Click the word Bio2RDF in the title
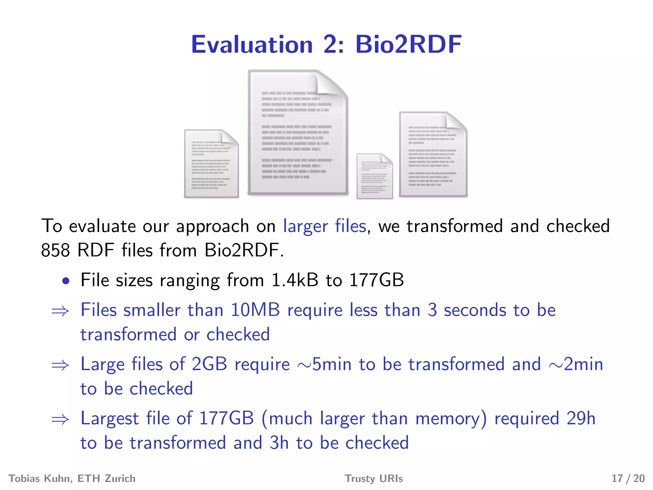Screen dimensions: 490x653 click(x=408, y=44)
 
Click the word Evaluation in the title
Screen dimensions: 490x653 click(x=252, y=44)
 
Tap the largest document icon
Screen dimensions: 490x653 click(x=298, y=132)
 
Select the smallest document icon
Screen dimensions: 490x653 click(x=374, y=176)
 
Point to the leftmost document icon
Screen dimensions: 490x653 click(x=211, y=164)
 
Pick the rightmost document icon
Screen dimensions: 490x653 click(x=433, y=154)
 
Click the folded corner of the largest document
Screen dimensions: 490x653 click(x=332, y=83)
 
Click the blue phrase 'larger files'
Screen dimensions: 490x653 click(x=325, y=226)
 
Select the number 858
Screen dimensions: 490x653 click(x=55, y=250)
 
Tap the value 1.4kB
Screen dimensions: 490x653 click(x=295, y=280)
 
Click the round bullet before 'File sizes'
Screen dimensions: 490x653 click(x=66, y=281)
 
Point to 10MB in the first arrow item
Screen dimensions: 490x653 click(x=255, y=310)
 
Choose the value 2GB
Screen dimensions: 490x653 click(x=209, y=364)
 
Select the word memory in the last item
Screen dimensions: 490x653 click(x=451, y=419)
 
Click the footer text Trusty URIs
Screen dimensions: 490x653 click(x=374, y=479)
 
